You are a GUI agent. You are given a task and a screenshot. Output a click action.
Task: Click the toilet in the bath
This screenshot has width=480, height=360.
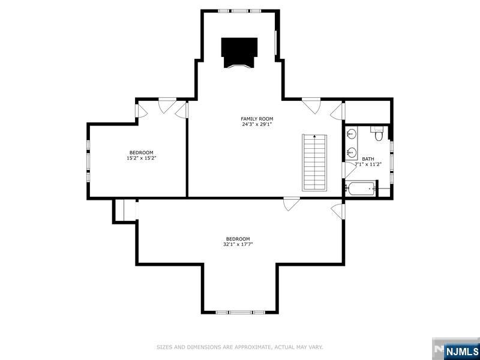378,135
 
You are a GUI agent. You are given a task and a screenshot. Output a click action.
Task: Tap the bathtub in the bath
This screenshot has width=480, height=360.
360,189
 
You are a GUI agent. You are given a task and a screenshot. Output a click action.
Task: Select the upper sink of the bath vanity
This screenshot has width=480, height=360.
351,134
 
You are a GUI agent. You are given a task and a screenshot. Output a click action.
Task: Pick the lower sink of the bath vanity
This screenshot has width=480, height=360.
351,152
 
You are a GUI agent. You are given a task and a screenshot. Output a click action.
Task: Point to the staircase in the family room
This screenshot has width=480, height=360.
314,162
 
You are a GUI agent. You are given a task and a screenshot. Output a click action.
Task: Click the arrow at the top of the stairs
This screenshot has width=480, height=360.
314,137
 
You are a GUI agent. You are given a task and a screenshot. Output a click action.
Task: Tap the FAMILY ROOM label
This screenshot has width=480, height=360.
257,119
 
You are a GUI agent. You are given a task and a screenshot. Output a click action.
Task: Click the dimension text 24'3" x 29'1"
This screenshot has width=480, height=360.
257,125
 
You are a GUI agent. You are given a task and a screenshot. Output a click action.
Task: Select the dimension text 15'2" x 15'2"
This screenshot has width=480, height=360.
142,158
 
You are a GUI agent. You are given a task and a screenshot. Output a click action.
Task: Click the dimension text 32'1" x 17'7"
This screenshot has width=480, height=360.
238,245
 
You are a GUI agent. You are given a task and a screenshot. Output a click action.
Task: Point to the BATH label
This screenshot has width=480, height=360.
368,158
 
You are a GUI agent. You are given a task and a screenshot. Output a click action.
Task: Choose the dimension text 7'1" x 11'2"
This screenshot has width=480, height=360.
368,164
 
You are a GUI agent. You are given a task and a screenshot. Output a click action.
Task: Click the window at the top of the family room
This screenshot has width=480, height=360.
240,11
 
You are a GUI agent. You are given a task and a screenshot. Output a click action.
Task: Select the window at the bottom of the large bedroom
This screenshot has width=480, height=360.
240,312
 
